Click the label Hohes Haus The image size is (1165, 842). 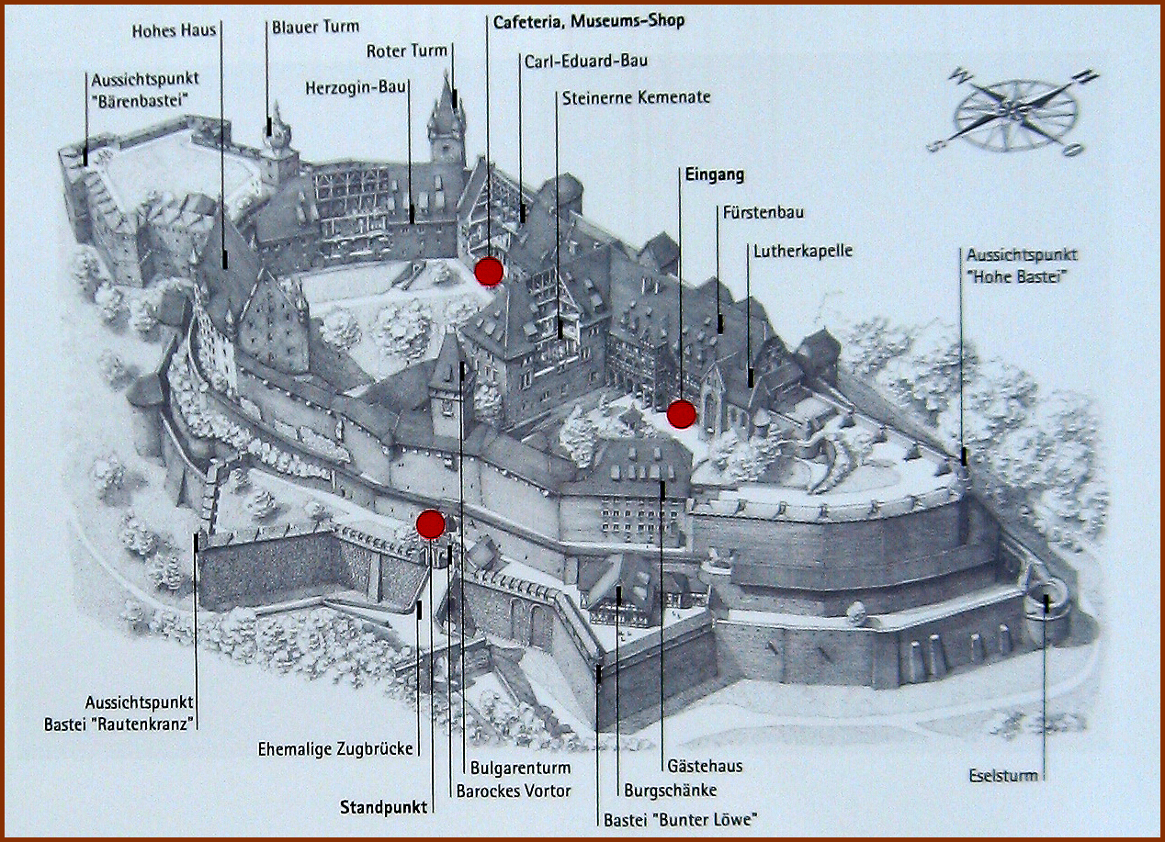(174, 30)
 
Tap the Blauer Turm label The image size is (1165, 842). (315, 28)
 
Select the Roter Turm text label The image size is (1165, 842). (406, 51)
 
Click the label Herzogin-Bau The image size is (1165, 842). (356, 87)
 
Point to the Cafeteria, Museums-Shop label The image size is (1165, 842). (588, 20)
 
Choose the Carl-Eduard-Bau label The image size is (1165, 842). (586, 62)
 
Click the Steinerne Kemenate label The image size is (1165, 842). (636, 97)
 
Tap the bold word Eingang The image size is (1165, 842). (714, 174)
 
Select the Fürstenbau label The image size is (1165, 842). (763, 213)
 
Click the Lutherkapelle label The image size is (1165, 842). (803, 250)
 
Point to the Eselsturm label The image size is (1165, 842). (1003, 776)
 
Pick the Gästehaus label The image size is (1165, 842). (705, 766)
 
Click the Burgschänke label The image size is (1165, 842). (670, 790)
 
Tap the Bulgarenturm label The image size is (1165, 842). (519, 768)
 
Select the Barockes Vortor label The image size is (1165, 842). (514, 791)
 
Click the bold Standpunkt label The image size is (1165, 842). (383, 808)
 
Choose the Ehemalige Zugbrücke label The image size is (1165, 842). (335, 748)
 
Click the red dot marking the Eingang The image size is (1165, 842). (681, 415)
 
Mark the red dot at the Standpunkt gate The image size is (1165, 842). (430, 524)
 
